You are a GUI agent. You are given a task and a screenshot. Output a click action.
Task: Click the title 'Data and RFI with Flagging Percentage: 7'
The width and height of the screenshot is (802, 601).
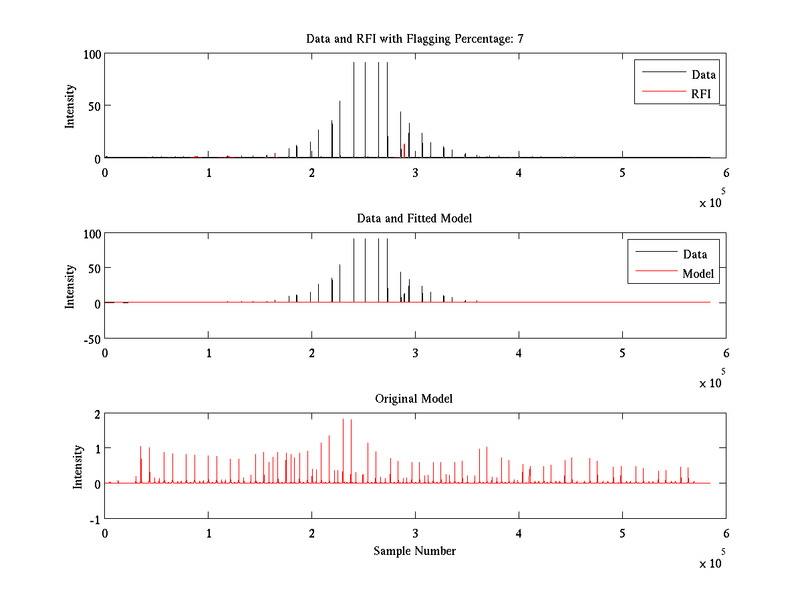coord(414,39)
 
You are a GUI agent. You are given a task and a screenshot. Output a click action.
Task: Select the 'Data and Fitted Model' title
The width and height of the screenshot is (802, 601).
coord(414,218)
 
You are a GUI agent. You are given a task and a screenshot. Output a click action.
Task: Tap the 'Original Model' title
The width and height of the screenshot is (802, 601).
coord(414,399)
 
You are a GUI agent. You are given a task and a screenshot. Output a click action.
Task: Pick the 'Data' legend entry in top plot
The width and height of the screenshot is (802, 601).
coord(704,75)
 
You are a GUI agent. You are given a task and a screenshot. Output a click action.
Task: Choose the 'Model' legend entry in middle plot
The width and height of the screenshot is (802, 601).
coord(698,274)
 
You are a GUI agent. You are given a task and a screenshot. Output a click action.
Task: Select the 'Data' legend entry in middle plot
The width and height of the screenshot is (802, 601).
coord(695,254)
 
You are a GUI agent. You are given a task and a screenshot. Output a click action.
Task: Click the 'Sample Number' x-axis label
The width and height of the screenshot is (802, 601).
coord(414,551)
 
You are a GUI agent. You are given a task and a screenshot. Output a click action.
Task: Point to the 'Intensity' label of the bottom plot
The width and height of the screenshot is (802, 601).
coord(78,466)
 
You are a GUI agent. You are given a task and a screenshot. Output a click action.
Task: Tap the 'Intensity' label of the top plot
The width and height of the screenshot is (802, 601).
coord(70,106)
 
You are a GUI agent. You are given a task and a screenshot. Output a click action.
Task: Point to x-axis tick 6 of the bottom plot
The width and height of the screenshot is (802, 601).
coord(726,534)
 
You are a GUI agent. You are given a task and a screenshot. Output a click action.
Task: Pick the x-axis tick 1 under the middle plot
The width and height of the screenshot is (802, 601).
coord(209,353)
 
